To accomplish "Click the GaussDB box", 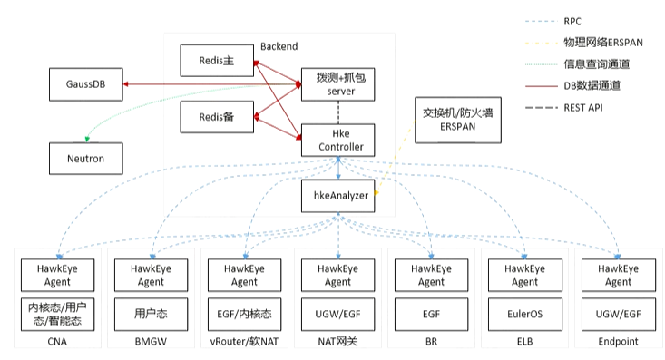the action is [85, 84].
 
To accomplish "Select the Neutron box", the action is [85, 159].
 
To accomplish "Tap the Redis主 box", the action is [217, 61].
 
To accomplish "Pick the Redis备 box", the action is [217, 117].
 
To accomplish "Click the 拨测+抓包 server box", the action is [338, 84].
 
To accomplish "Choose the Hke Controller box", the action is [338, 141].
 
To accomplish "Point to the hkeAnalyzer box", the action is [338, 196].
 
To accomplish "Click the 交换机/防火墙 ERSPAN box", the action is [458, 120].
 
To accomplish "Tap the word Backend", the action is [279, 46].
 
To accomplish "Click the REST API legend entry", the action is [564, 108].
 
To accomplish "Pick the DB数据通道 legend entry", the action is [573, 85].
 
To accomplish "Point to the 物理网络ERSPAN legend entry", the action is [584, 43].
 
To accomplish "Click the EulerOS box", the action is [525, 314].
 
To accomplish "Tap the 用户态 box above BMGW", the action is [151, 314].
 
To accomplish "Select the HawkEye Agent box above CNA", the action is [58, 275].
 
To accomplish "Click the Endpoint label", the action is [619, 341].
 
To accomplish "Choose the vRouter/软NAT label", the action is [244, 341].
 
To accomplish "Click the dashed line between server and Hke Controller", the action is [338, 112].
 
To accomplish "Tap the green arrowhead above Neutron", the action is [87, 139].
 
